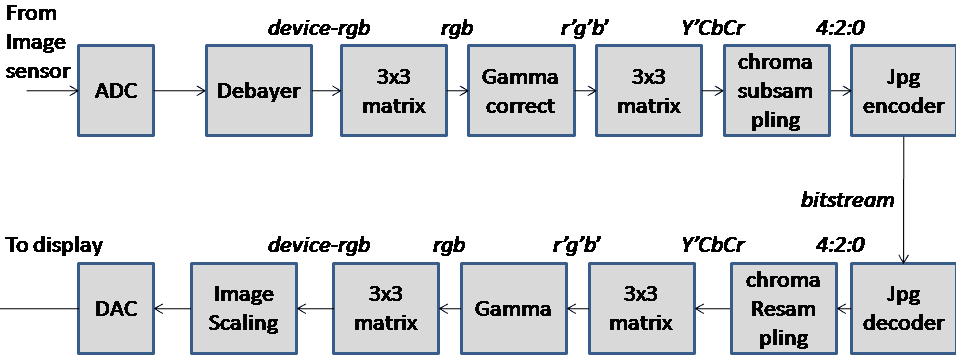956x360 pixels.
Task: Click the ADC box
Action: [116, 90]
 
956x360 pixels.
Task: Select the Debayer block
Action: [259, 90]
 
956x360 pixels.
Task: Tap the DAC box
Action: [116, 309]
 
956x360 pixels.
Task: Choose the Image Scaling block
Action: [244, 309]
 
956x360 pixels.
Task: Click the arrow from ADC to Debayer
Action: [180, 91]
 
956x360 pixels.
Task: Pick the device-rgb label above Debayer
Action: [318, 27]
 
